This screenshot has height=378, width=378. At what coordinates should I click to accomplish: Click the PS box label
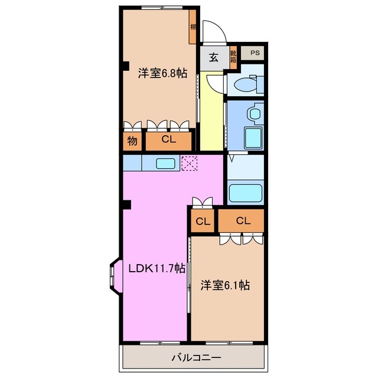click(255, 53)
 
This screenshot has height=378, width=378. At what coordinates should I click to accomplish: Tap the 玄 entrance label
click(213, 58)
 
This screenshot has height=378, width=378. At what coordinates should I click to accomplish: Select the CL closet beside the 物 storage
click(169, 141)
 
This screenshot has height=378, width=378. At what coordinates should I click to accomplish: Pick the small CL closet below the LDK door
click(203, 222)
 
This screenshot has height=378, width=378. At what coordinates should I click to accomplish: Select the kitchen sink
click(165, 163)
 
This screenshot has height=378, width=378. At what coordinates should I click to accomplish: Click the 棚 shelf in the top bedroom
click(193, 27)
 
